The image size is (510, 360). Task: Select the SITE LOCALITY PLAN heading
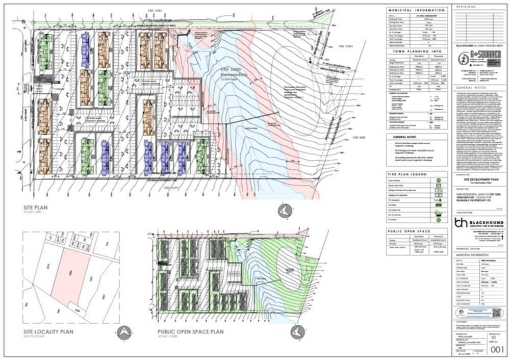tap(48, 332)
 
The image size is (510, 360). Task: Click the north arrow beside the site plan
tap(284, 209)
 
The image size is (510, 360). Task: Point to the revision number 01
tap(493, 337)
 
